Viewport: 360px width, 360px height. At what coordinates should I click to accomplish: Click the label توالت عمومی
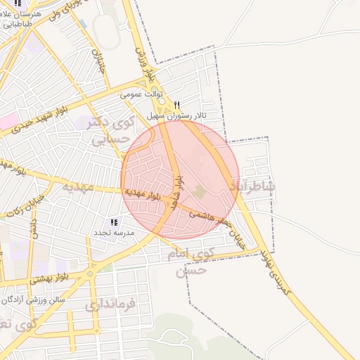(141, 94)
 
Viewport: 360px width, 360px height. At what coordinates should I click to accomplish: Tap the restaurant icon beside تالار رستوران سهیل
(176, 104)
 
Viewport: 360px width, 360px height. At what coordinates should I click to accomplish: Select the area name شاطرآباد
(252, 186)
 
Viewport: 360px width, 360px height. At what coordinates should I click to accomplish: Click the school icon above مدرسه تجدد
(114, 222)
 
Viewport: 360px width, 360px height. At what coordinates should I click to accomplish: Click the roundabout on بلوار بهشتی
(91, 274)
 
